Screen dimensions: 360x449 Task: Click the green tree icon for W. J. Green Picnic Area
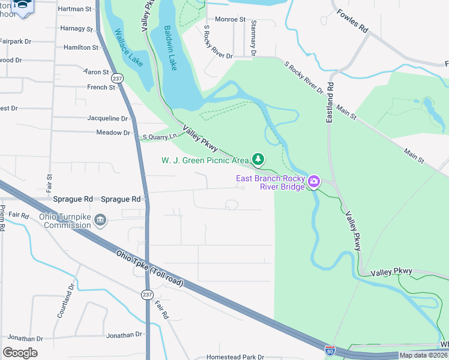pos(258,159)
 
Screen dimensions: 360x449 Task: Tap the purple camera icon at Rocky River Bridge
pos(313,182)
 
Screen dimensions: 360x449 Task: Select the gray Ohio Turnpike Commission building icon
pos(100,221)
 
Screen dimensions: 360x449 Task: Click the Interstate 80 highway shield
pos(330,350)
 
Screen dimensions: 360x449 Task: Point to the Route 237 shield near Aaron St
pos(118,78)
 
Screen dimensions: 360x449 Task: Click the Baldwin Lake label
pos(170,47)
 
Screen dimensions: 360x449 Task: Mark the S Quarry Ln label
pos(159,137)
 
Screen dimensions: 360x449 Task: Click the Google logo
pos(20,352)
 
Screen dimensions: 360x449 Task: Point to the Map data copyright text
pos(423,355)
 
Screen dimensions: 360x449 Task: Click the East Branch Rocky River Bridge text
pos(270,182)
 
